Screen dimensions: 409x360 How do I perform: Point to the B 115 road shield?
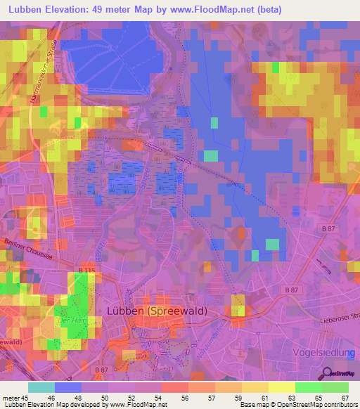[x=86, y=271]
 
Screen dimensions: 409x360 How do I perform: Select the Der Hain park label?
[x=72, y=320]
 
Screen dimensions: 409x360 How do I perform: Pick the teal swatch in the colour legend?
[x=41, y=387]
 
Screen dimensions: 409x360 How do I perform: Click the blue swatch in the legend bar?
[x=68, y=387]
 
